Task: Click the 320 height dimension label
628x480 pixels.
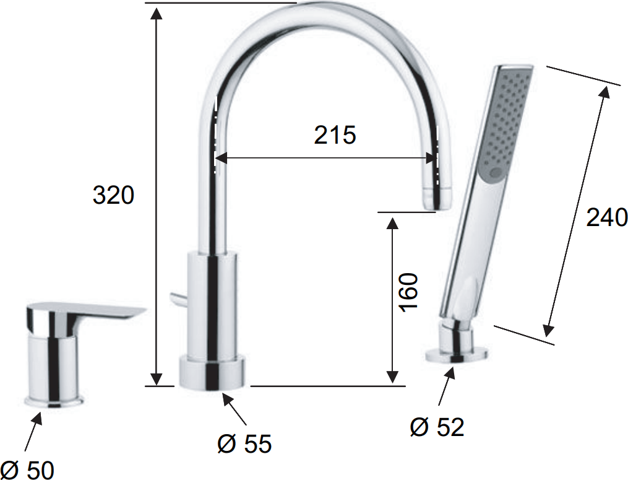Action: click(113, 195)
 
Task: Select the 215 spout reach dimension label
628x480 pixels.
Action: click(335, 135)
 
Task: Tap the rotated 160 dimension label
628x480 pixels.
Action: click(408, 292)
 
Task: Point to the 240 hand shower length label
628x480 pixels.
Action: click(607, 218)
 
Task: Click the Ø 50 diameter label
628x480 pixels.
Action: click(27, 469)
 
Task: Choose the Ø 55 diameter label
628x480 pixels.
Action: click(244, 443)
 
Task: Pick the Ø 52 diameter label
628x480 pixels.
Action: click(437, 427)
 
